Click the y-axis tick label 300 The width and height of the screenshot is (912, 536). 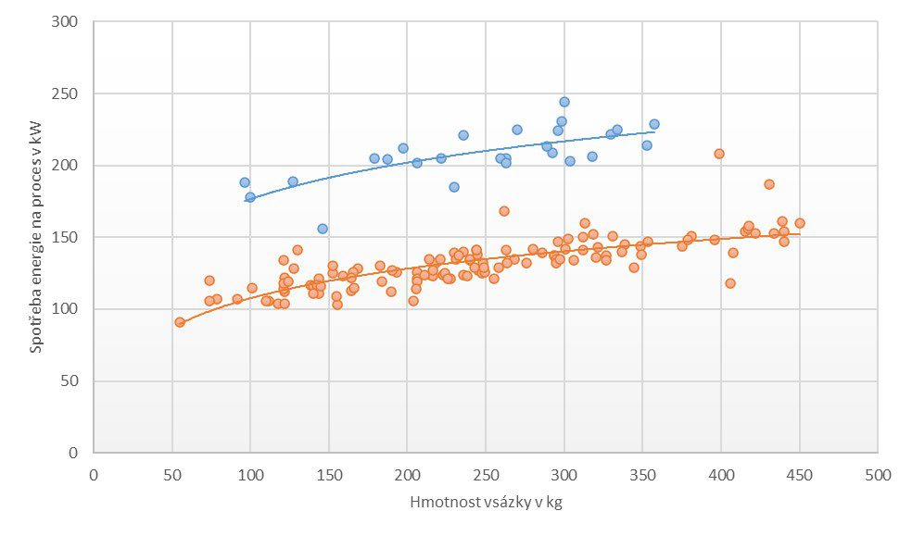point(68,21)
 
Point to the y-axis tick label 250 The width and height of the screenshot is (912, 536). point(68,93)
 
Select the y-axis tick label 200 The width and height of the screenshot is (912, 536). point(68,166)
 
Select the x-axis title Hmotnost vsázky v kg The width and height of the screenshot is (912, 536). point(486,503)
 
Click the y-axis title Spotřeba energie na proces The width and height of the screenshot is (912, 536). point(36,236)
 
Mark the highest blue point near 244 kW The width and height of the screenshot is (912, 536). point(564,102)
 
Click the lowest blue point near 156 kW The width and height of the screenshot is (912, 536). point(323,229)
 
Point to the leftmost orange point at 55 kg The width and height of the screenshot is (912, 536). point(180,322)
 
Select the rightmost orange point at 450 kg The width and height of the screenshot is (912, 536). point(799,223)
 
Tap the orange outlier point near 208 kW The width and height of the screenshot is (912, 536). point(718,154)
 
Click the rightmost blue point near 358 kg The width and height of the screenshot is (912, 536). point(653,124)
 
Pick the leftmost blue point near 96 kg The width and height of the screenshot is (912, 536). point(245,182)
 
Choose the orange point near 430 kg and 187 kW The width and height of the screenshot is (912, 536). point(768,184)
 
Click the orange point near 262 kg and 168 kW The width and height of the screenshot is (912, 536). point(504,211)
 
